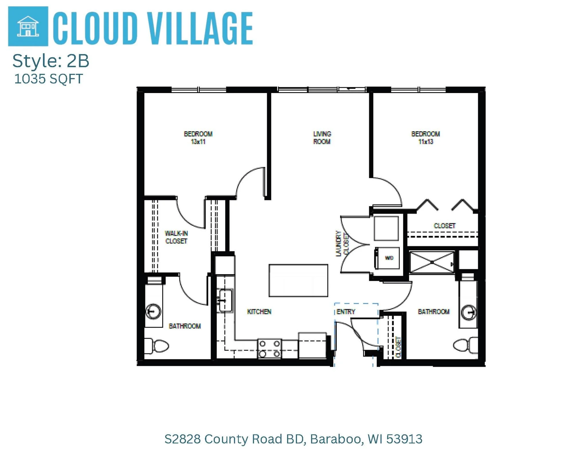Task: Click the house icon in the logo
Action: (28, 26)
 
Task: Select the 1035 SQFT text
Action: (48, 79)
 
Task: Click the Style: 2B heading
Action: (51, 61)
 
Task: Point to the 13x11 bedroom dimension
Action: (198, 142)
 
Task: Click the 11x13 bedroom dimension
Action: (426, 142)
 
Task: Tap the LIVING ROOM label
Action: (322, 138)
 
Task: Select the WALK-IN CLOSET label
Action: (176, 237)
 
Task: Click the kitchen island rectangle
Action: (298, 280)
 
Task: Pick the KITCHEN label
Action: (259, 312)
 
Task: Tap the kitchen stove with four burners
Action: (269, 349)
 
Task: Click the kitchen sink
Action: (226, 300)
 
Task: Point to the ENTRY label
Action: (346, 312)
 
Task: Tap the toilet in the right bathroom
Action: (464, 345)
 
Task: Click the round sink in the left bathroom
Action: (153, 311)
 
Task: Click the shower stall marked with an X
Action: (432, 262)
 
